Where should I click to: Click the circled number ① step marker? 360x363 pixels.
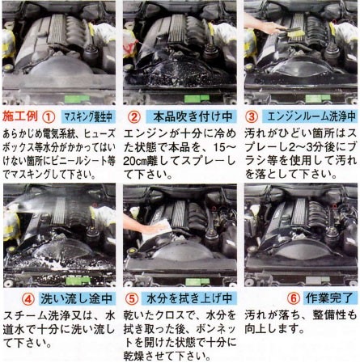point(49,116)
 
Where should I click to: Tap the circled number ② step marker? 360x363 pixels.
point(134,116)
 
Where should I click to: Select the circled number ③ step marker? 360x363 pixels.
point(252,116)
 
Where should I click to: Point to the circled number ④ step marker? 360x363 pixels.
point(28,298)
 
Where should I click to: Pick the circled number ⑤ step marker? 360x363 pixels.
point(132,298)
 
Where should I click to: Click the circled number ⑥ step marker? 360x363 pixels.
point(294,298)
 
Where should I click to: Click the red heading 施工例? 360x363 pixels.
point(20,116)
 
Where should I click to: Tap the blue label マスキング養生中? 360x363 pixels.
point(88,117)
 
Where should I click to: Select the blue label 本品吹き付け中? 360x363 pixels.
point(191,116)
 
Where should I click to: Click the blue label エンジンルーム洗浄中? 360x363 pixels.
point(311,116)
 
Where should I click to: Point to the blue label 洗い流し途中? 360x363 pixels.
point(77,298)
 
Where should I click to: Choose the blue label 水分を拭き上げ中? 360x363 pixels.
point(189,298)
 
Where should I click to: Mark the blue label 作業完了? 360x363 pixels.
point(329,298)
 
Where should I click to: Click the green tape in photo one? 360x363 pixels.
point(76,99)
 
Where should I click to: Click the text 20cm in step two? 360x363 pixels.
point(135,162)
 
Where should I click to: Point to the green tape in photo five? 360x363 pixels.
point(197,281)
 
